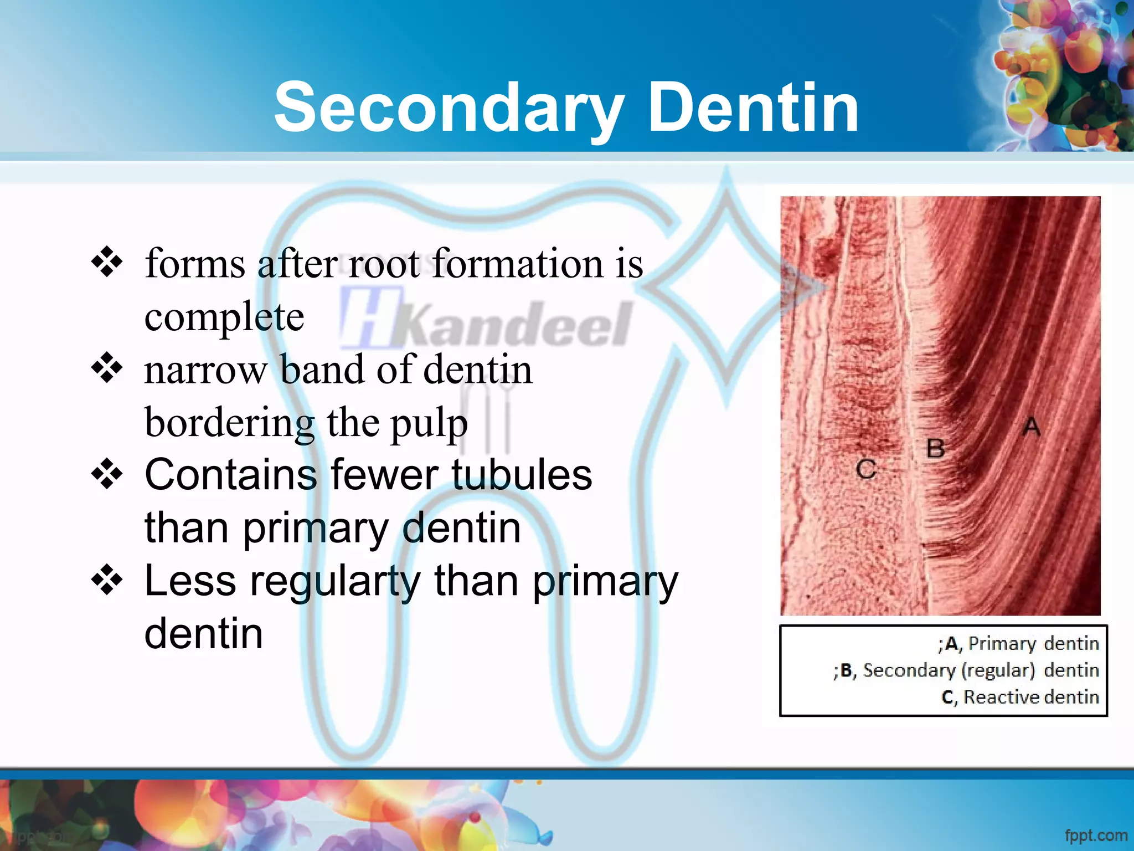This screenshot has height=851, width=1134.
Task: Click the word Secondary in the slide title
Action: pos(449,108)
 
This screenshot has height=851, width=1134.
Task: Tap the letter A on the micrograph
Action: pos(1032,427)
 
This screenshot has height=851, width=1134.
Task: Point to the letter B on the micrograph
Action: pos(936,448)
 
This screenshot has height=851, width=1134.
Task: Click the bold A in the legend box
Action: pos(952,644)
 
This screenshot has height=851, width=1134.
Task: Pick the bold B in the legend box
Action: pos(847,670)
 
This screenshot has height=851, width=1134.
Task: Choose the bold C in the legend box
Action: pos(948,698)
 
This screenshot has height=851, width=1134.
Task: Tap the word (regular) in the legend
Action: pos(998,670)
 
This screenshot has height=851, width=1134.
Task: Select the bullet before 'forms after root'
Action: pos(107,262)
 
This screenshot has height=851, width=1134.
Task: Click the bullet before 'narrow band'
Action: pos(107,368)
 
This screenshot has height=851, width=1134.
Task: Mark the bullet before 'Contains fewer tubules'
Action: pos(107,474)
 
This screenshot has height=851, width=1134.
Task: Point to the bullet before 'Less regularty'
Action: pos(107,581)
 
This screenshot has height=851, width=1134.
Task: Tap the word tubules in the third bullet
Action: pos(522,475)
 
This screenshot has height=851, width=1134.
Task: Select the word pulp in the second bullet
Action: pos(429,424)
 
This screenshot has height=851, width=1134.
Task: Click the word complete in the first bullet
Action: pos(224,317)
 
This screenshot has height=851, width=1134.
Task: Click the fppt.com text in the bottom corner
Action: pos(1096,835)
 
